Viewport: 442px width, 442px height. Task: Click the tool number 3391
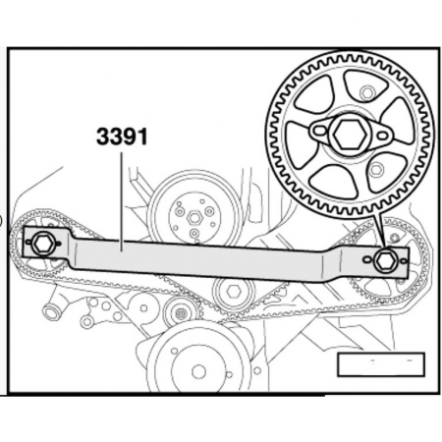122,136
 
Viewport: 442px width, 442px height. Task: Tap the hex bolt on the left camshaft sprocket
43,244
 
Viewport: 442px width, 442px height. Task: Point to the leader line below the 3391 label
122,196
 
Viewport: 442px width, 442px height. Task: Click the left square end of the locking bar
43,244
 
